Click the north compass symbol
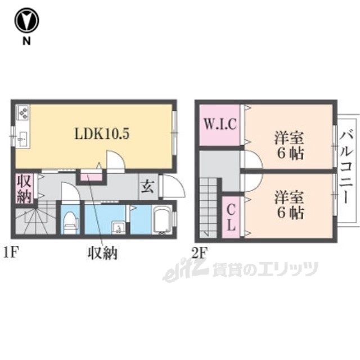pos(26,20)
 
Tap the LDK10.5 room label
pos(102,134)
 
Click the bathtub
pos(163,220)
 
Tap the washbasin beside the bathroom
pos(119,228)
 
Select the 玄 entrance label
pos(147,187)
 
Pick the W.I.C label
pos(220,124)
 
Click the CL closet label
pos(231,217)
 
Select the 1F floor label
pos(11,253)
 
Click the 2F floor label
pos(199,253)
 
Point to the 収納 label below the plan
pos(102,253)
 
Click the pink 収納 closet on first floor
pos(24,189)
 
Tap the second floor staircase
pos(208,208)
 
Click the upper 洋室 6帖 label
pos(289,145)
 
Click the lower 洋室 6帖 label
pos(289,204)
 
